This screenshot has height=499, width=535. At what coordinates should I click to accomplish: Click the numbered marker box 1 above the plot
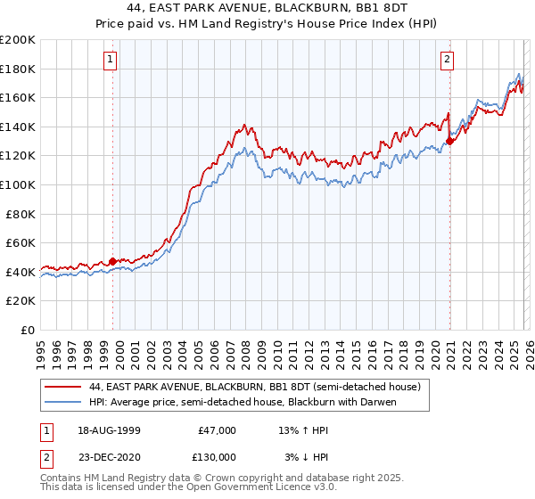pyautogui.click(x=110, y=60)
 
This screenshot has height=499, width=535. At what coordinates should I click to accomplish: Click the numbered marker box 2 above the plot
pyautogui.click(x=446, y=60)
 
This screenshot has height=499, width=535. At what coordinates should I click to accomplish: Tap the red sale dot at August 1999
pyautogui.click(x=113, y=261)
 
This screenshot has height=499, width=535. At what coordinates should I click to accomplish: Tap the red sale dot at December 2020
pyautogui.click(x=450, y=141)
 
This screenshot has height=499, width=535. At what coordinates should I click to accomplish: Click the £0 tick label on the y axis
pyautogui.click(x=27, y=330)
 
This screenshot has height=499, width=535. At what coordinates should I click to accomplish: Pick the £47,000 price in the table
pyautogui.click(x=217, y=430)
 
